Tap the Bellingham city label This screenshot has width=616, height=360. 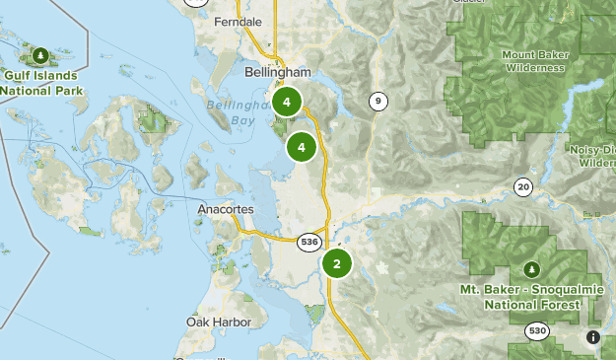277,73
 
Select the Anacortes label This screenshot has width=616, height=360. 226,210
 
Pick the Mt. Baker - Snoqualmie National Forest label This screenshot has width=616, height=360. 532,297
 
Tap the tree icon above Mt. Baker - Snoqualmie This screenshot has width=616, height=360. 532,268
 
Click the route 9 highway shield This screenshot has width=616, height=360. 377,101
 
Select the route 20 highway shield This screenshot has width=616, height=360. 522,186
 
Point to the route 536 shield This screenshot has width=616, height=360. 308,240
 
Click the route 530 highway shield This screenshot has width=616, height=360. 537,330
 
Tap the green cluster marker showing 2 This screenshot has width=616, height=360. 337,263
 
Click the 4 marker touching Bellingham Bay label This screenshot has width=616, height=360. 287,102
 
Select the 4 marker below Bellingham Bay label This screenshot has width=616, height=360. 301,148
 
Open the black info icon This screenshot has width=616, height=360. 592,337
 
